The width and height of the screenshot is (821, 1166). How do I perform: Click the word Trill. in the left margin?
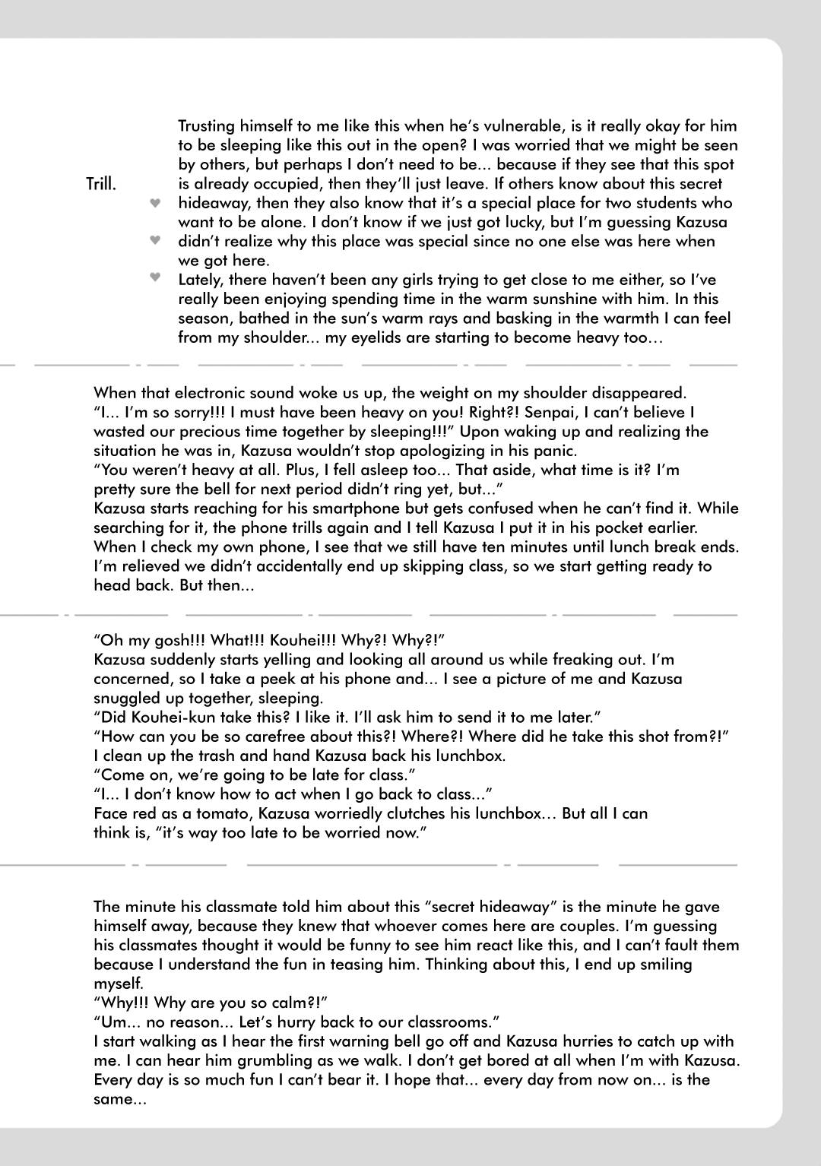tap(101, 184)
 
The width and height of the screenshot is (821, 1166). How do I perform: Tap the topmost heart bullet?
tap(155, 203)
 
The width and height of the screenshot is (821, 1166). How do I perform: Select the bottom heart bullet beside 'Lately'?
tap(155, 277)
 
